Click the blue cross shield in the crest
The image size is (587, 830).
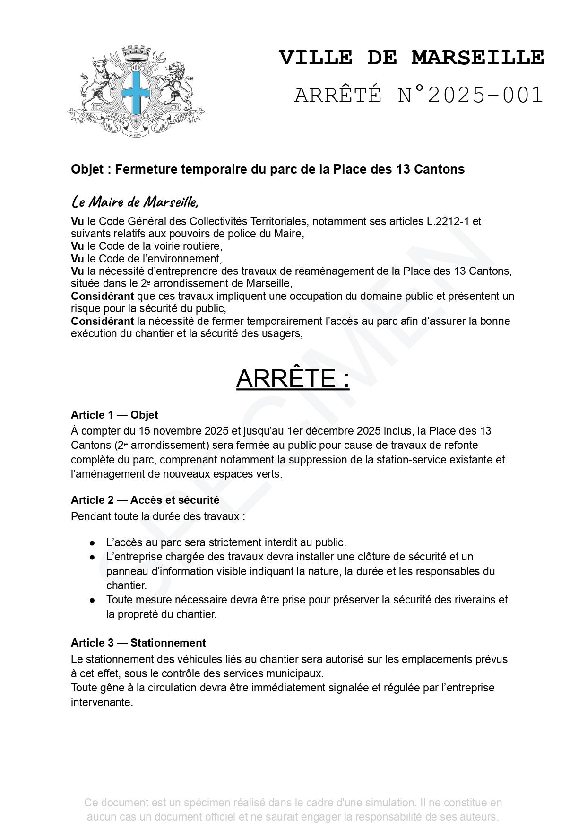tap(136, 90)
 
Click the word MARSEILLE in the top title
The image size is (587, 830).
tap(478, 58)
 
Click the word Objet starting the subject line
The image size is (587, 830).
tap(87, 169)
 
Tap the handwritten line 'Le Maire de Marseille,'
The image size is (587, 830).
tap(135, 202)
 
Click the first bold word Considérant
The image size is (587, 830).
tap(102, 297)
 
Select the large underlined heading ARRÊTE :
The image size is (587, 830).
tap(293, 378)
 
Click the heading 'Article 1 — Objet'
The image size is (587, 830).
tap(114, 415)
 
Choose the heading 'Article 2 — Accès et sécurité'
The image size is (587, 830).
tap(145, 500)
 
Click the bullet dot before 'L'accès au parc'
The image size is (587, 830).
tap(93, 543)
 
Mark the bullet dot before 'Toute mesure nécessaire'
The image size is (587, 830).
tap(93, 600)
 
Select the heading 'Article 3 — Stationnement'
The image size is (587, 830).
tap(138, 643)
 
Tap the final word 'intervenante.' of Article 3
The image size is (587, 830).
tap(102, 702)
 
